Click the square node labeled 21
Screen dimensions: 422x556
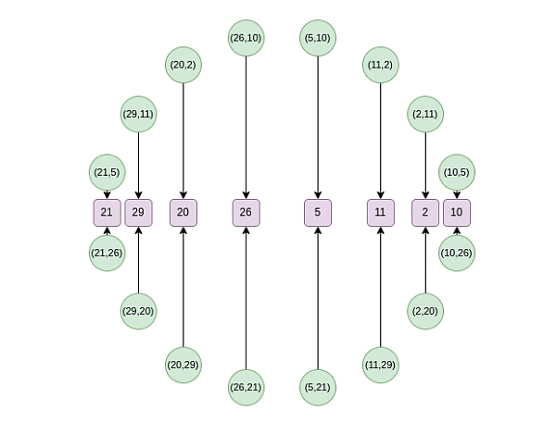tap(107, 212)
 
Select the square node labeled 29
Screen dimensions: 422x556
tap(138, 212)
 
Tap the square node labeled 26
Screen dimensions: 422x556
tap(246, 212)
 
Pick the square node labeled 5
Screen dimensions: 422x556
tap(318, 212)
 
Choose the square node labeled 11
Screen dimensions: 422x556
tap(380, 212)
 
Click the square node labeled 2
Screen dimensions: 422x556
tap(425, 212)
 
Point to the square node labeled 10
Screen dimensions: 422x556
tap(456, 212)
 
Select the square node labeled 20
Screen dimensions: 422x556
tap(183, 212)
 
